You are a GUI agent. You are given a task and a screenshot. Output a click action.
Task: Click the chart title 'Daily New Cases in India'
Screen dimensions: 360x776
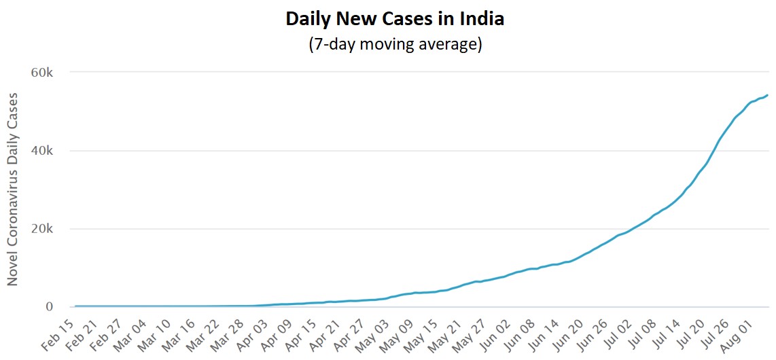[395, 18]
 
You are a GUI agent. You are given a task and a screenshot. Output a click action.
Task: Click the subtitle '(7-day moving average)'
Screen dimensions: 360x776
[395, 45]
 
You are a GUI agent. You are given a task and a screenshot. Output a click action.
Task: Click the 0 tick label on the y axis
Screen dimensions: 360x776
[58, 307]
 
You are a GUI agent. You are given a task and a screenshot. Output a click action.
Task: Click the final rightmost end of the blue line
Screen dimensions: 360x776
[767, 95]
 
